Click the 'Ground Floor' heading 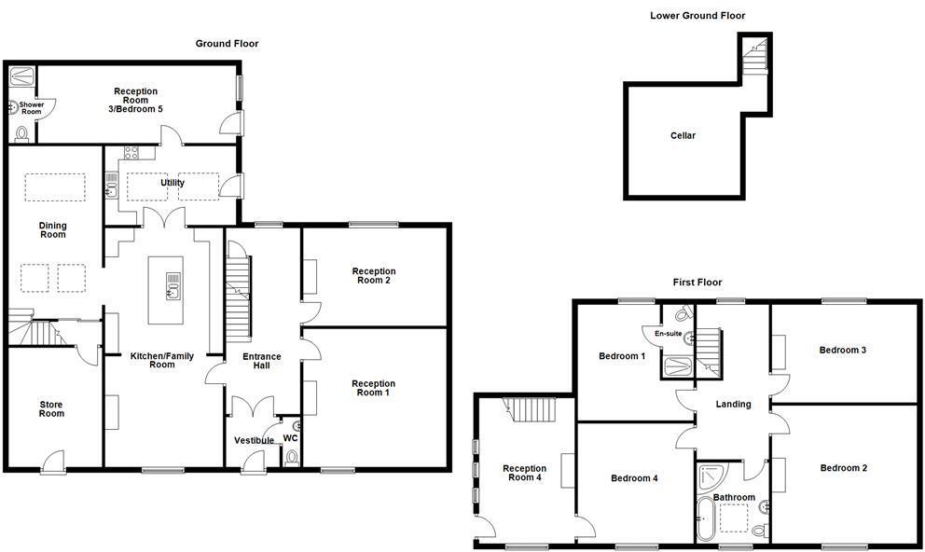pyautogui.click(x=227, y=44)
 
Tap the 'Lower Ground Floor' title pyautogui.click(x=697, y=16)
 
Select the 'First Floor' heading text pyautogui.click(x=697, y=283)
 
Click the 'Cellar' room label pyautogui.click(x=683, y=136)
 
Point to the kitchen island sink pyautogui.click(x=173, y=284)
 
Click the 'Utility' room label pyautogui.click(x=173, y=183)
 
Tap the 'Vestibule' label pyautogui.click(x=254, y=440)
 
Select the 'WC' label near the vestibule pyautogui.click(x=290, y=436)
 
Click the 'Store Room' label pyautogui.click(x=51, y=408)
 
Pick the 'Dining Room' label pyautogui.click(x=52, y=228)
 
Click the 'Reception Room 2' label pyautogui.click(x=373, y=276)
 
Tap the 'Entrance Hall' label pyautogui.click(x=262, y=360)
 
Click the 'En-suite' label pyautogui.click(x=669, y=334)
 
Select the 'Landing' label pyautogui.click(x=733, y=404)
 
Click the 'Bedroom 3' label pyautogui.click(x=843, y=350)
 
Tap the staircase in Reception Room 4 pyautogui.click(x=529, y=407)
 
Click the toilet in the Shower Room pyautogui.click(x=22, y=134)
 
